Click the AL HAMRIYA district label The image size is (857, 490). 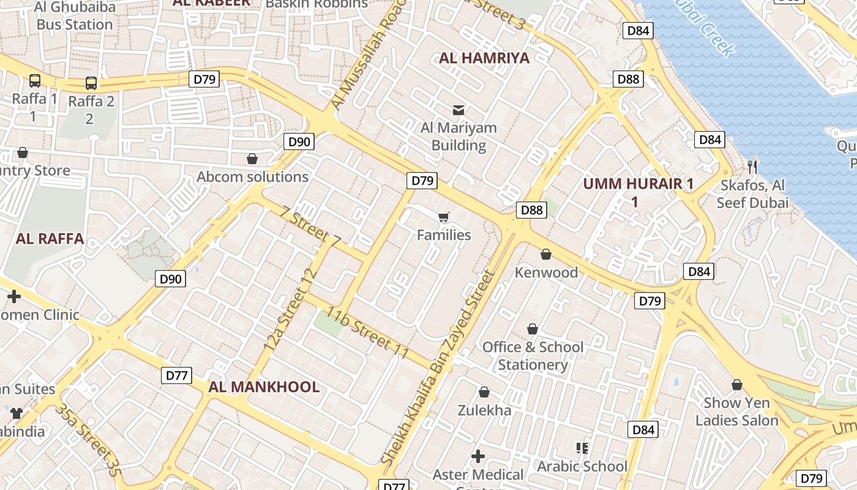484,58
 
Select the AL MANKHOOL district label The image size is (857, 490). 264,387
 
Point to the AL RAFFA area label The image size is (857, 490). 50,239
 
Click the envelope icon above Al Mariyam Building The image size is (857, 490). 458,110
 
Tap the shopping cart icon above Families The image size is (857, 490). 444,217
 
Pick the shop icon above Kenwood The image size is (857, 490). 546,254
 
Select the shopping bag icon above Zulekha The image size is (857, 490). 484,392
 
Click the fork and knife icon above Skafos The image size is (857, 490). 753,167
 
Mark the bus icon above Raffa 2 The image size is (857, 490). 91,83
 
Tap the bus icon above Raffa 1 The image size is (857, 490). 35,81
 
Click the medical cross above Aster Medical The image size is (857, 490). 478,456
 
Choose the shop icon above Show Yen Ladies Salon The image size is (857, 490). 737,385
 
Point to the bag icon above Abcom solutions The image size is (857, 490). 252,159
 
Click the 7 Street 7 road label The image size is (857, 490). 310,227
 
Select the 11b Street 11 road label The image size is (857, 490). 367,333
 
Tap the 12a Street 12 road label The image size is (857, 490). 292,309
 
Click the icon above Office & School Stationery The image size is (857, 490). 533,329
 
